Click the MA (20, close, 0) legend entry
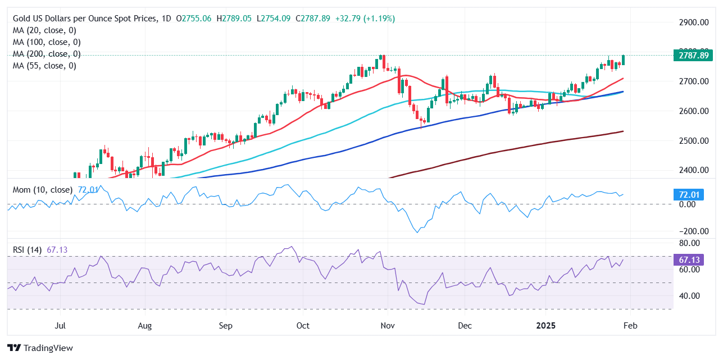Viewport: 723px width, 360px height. coord(44,30)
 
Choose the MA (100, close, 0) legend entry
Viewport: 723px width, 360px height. coord(47,42)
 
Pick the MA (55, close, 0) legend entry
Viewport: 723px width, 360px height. coord(44,66)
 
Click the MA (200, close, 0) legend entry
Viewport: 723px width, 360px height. coord(47,54)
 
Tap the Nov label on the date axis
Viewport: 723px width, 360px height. coord(387,326)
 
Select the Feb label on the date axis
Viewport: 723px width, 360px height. coord(630,326)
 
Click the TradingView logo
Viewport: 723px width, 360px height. coord(40,348)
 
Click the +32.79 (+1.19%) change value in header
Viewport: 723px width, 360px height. coord(365,19)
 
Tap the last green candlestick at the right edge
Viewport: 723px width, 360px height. coord(623,60)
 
